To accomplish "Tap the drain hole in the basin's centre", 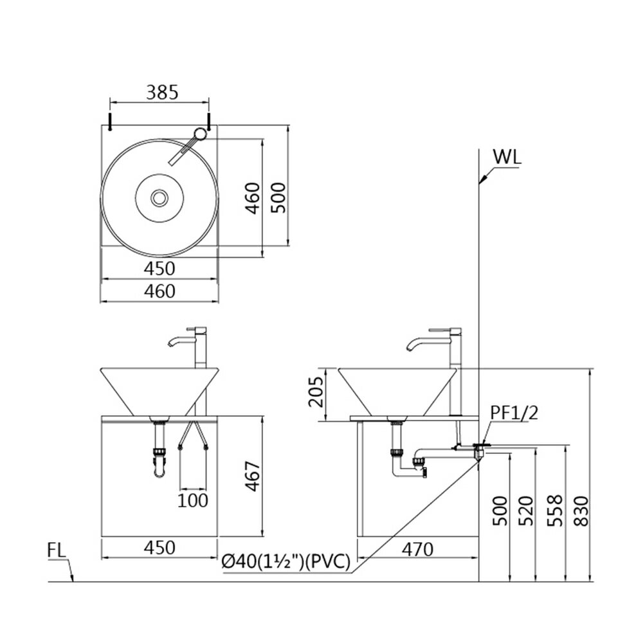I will pos(159,197).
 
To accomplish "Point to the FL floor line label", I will pos(56,550).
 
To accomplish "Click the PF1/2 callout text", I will pos(514,413).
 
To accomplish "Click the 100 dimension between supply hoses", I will pos(194,499).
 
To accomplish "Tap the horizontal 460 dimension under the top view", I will pos(159,291).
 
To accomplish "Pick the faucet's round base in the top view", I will pos(201,134).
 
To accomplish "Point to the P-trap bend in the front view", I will pos(159,473).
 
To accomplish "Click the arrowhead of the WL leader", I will pos(481,183).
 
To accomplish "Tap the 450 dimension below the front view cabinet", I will pos(159,548).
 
